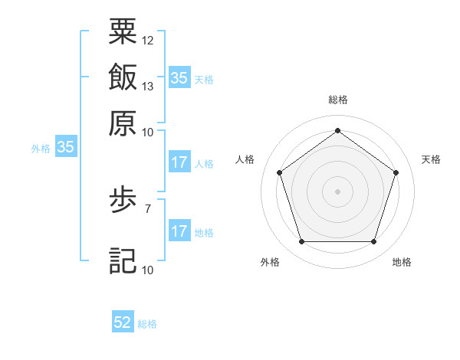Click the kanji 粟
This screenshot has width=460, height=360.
[x=123, y=31]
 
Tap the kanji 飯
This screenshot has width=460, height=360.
[x=123, y=77]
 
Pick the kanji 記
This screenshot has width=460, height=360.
[x=123, y=260]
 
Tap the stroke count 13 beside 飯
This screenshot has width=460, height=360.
[x=148, y=86]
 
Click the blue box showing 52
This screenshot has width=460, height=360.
[x=123, y=322]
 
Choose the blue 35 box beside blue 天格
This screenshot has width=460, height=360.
[x=179, y=77]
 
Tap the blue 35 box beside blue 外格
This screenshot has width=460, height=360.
[x=65, y=148]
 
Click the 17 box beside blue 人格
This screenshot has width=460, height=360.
[x=179, y=162]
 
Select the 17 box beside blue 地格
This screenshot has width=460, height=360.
[x=179, y=231]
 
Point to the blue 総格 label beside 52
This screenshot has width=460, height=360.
[x=147, y=324]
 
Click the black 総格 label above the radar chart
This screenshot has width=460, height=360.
[x=337, y=100]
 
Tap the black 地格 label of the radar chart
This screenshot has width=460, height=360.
[x=402, y=262]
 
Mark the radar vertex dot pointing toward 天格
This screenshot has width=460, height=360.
[x=396, y=172]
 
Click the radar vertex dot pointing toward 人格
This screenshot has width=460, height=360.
[x=279, y=172]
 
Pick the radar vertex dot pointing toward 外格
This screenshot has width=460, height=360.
[x=301, y=241]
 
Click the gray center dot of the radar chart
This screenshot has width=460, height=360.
[x=337, y=191]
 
